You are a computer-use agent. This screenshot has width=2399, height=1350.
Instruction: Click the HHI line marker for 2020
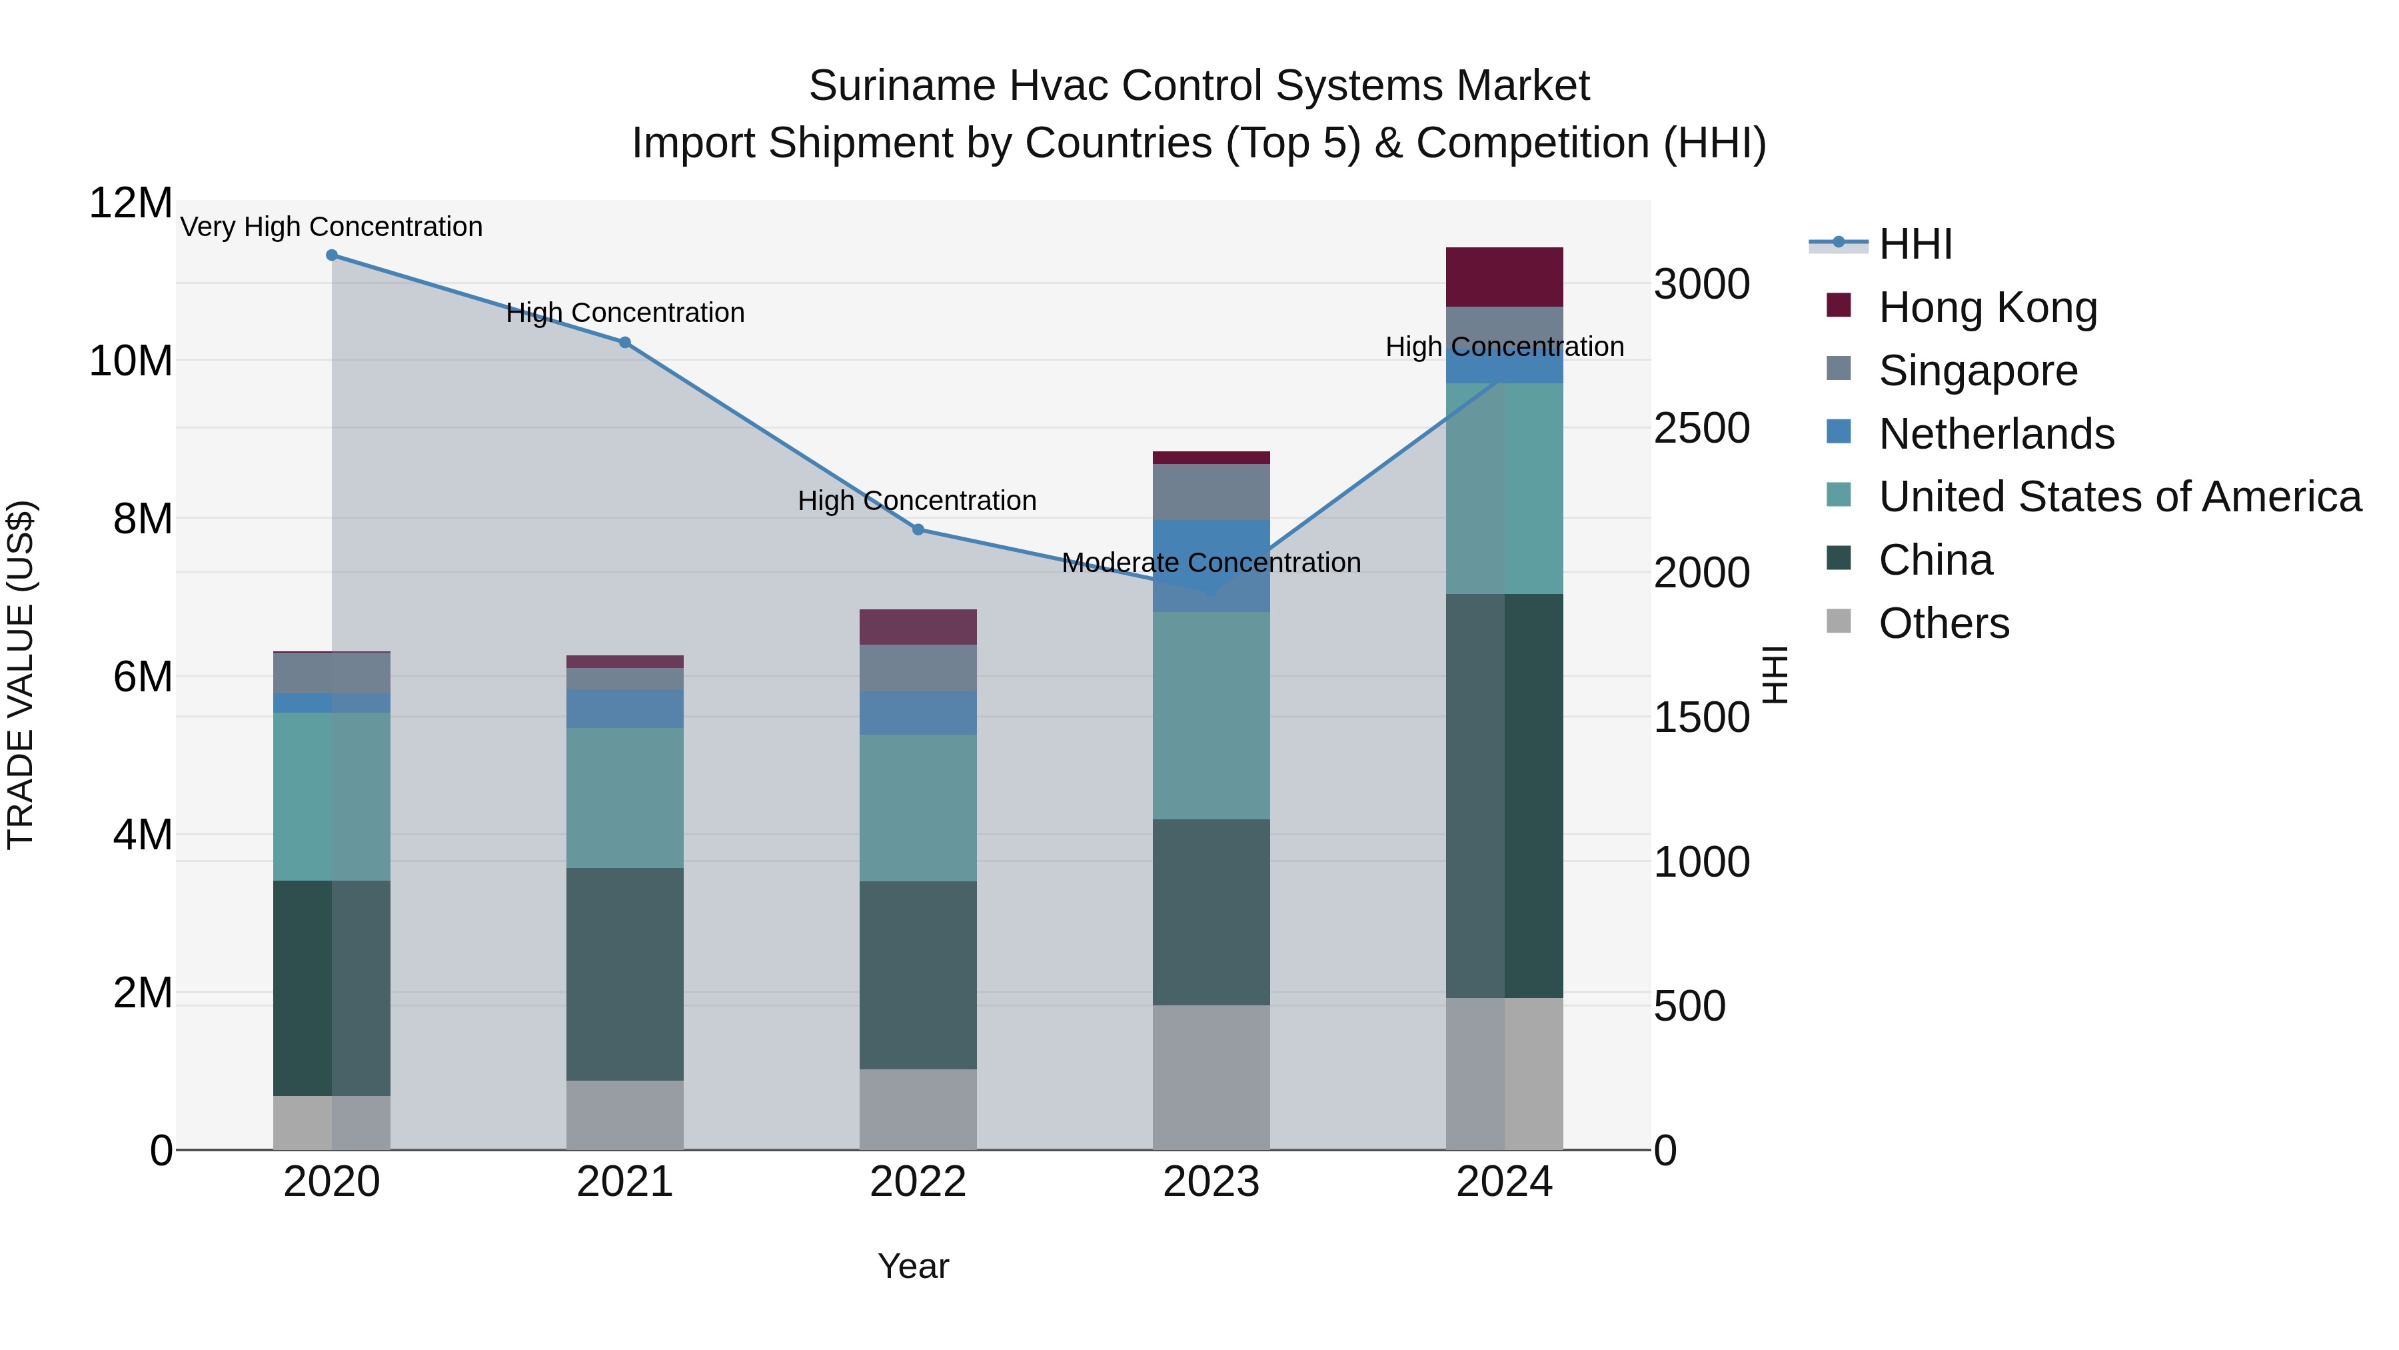tap(332, 255)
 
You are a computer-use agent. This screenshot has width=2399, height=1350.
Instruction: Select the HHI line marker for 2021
tap(625, 343)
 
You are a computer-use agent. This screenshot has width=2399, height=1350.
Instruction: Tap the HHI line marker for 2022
tap(918, 530)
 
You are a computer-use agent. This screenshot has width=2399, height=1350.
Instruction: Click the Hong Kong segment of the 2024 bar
tap(1504, 277)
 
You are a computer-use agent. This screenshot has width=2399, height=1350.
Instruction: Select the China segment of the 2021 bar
tap(625, 975)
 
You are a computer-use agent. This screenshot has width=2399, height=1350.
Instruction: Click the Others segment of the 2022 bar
tap(918, 1109)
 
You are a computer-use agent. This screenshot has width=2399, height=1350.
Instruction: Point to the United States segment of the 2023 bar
tap(1211, 715)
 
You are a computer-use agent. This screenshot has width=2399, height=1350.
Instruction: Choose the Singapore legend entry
tap(1977, 371)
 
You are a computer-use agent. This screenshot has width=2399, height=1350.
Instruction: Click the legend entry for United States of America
tap(2118, 497)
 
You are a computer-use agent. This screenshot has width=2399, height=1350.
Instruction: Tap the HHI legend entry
tap(1914, 244)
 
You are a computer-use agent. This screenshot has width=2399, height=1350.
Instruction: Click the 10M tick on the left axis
tap(131, 361)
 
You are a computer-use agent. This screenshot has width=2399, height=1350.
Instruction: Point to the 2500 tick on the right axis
tap(1701, 429)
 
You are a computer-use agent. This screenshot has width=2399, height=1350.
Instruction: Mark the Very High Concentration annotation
tap(332, 227)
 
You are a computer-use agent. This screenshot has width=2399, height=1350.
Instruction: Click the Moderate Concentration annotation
tap(1211, 563)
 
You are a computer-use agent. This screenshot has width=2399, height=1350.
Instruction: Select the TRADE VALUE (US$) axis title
tap(21, 675)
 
